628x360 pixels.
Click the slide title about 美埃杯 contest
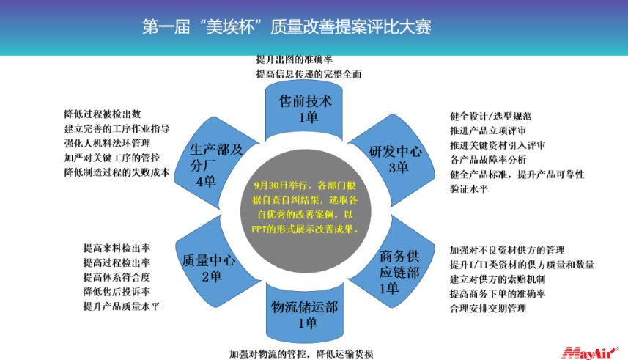tap(287, 27)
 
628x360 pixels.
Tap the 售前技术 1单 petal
tap(304, 109)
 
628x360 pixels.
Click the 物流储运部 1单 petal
tap(305, 312)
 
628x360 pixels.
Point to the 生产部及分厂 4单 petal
tap(214, 162)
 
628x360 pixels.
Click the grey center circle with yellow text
tap(306, 211)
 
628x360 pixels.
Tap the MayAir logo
tap(590, 353)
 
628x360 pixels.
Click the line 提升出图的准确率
tap(295, 59)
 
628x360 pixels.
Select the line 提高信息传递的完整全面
tap(309, 74)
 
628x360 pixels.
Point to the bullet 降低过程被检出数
tap(103, 114)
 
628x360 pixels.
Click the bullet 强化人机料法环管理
tap(107, 143)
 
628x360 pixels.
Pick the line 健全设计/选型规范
tap(491, 117)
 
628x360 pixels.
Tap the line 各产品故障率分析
tap(488, 160)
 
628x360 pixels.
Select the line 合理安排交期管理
tap(488, 309)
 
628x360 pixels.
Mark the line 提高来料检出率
tap(117, 248)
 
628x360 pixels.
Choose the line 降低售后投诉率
tap(117, 292)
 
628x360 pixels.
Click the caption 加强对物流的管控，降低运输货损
tap(301, 354)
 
